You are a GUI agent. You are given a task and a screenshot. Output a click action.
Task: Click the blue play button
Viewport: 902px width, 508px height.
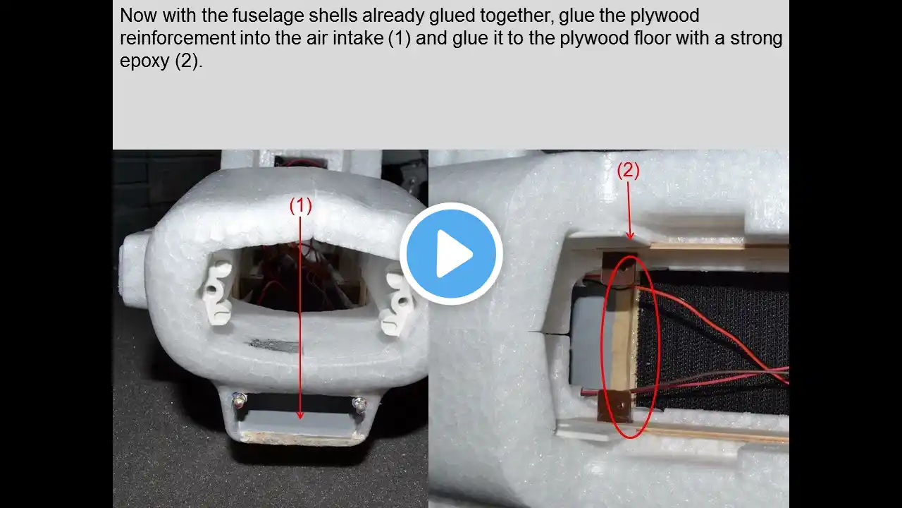(x=451, y=253)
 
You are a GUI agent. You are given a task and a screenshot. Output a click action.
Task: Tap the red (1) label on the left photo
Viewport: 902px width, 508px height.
(x=301, y=206)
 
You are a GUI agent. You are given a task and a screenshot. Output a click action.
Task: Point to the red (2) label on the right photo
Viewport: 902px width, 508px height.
(x=628, y=171)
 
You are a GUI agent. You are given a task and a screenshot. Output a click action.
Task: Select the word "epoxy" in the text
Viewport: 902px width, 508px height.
(x=145, y=61)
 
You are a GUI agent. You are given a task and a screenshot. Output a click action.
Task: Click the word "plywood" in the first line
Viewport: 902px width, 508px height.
(x=665, y=16)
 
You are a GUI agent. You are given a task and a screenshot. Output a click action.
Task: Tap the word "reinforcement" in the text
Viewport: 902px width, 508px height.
(x=178, y=38)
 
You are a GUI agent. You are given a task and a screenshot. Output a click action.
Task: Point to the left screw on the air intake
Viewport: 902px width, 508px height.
(x=239, y=400)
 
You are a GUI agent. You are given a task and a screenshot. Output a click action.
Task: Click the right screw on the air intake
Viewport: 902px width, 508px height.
(x=359, y=404)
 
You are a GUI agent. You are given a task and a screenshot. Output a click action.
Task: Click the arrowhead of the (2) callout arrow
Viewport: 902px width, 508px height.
(x=630, y=236)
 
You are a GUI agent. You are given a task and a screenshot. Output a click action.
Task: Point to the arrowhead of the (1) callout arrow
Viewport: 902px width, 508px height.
(x=299, y=415)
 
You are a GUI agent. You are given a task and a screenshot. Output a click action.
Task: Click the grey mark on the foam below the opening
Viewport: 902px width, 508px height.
(x=275, y=345)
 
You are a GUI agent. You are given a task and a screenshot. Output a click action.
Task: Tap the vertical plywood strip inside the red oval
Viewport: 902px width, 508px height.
(x=624, y=338)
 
